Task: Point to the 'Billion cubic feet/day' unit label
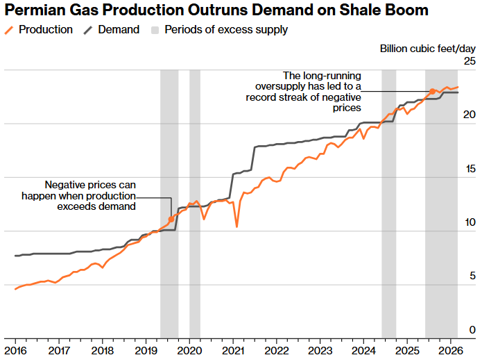[427, 48]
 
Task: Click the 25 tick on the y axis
[470, 62]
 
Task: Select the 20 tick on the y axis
[470, 115]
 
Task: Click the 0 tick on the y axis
[472, 330]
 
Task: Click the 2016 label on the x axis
[16, 351]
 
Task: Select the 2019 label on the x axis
[146, 351]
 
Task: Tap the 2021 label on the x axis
[232, 351]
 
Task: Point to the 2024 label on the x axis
[363, 351]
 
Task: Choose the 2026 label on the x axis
[449, 351]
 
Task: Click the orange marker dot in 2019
[171, 220]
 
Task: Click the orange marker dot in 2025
[433, 91]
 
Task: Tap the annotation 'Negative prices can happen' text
[90, 195]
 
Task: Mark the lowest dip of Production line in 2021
[237, 227]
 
